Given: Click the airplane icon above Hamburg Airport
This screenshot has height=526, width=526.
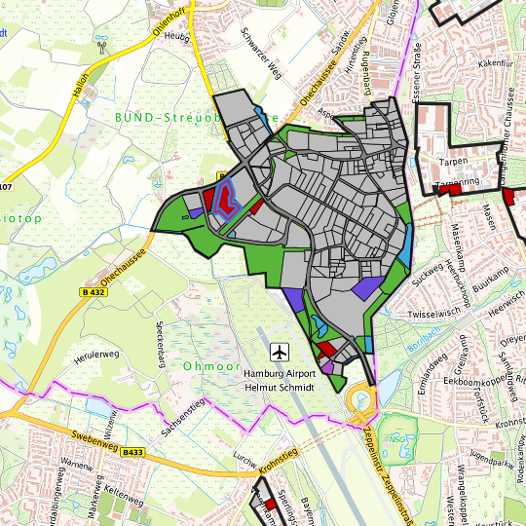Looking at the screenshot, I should [x=282, y=350].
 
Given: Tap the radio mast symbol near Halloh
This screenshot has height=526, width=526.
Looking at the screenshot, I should [x=101, y=46].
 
